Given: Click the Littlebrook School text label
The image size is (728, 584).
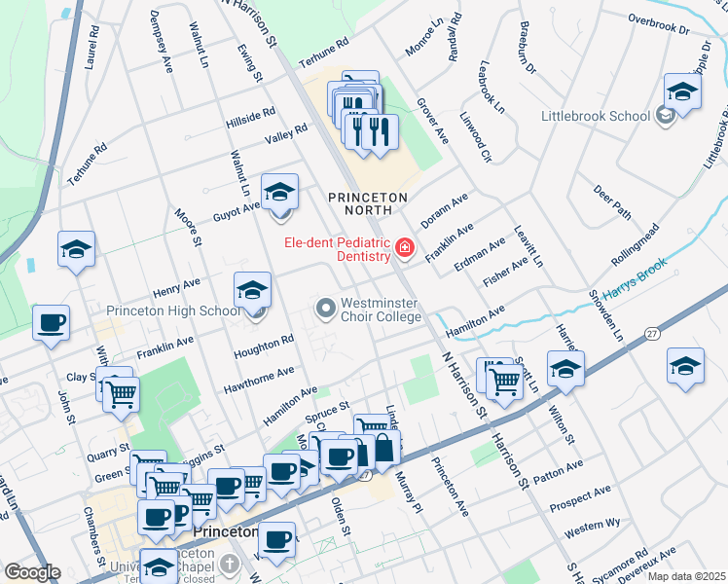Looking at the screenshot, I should click(x=596, y=117).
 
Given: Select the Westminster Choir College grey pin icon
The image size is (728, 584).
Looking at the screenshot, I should click(x=325, y=310).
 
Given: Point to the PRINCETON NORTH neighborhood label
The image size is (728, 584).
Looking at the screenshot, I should click(x=367, y=197).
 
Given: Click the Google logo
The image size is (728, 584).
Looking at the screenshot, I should click(x=31, y=572).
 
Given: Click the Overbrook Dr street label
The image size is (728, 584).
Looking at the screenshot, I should click(x=659, y=24).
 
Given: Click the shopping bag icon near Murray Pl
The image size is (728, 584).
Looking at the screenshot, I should click(x=384, y=448).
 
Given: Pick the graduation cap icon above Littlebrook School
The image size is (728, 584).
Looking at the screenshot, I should click(x=683, y=92).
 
